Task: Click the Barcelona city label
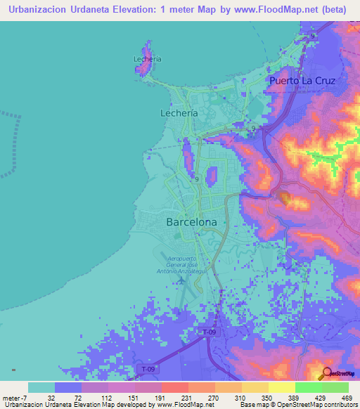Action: click(x=191, y=221)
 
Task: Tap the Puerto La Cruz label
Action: click(x=303, y=81)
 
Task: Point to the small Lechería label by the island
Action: click(x=147, y=59)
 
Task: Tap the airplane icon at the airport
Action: click(x=182, y=280)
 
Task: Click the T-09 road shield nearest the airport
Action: click(x=208, y=332)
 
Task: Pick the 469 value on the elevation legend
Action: click(x=346, y=398)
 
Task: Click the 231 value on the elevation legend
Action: click(x=175, y=398)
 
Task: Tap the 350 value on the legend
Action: click(x=257, y=398)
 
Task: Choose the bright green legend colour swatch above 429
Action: click(x=308, y=387)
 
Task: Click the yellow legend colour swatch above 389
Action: click(x=281, y=387)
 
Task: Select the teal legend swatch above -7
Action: click(x=41, y=387)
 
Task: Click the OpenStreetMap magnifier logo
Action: click(x=328, y=374)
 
